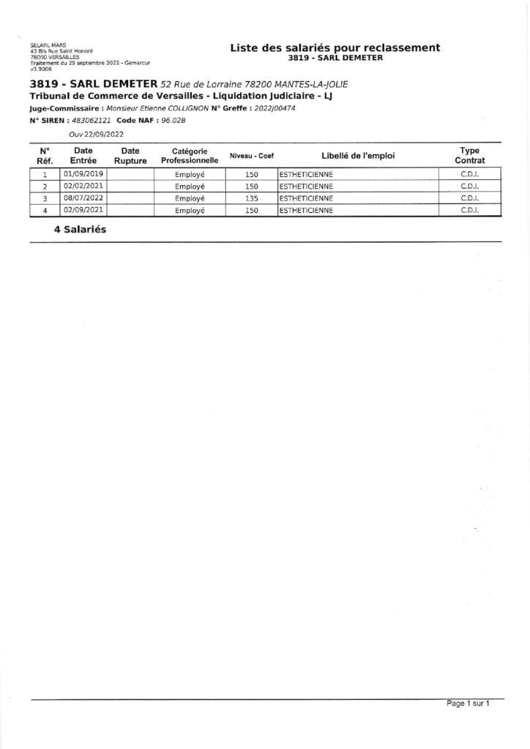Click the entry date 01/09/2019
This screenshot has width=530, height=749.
coord(85,174)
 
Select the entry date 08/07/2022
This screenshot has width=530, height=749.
coord(85,198)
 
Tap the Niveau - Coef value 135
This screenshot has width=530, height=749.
coord(252,198)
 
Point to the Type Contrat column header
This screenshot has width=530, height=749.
coord(469,154)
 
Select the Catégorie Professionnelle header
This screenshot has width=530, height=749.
coord(189,154)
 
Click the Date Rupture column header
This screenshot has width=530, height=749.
coord(130,154)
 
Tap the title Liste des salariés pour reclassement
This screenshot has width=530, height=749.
coord(335,48)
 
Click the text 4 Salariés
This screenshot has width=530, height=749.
coord(80,229)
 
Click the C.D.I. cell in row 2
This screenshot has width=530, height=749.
coord(469,187)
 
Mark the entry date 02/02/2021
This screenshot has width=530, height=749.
coord(85,187)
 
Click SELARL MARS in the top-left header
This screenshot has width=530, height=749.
coord(43,45)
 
